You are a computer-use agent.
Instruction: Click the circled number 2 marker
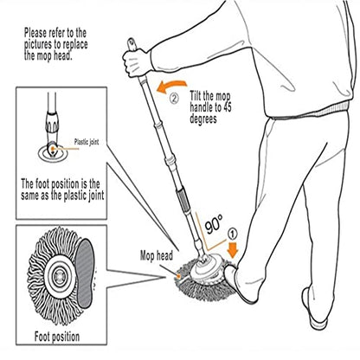click(x=174, y=99)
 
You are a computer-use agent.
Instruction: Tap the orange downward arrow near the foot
click(x=233, y=250)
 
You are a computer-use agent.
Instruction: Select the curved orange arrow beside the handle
click(x=171, y=87)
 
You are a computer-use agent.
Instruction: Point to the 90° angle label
click(x=214, y=224)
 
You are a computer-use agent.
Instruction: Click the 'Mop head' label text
click(x=157, y=255)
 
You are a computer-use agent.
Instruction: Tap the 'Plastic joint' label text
click(x=87, y=142)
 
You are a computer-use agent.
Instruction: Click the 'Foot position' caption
click(x=57, y=337)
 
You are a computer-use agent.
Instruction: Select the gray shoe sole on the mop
click(x=85, y=273)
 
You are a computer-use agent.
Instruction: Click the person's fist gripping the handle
click(x=137, y=62)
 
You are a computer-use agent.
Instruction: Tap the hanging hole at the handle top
click(x=132, y=42)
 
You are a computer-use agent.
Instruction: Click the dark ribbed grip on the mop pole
click(x=183, y=199)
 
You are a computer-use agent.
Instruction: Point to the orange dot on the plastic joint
click(x=53, y=149)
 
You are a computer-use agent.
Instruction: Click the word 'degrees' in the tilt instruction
click(x=203, y=119)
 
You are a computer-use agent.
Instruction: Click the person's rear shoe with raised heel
click(x=314, y=309)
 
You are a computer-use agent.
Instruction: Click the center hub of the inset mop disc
click(x=60, y=277)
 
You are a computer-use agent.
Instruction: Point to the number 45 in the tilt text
click(x=226, y=107)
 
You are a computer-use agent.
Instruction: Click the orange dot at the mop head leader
click(x=179, y=276)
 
